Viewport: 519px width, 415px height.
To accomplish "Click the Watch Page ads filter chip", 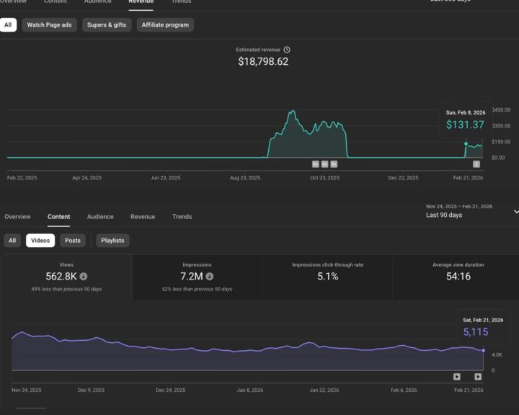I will pyautogui.click(x=49, y=24).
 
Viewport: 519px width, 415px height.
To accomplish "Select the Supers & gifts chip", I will pyautogui.click(x=107, y=24).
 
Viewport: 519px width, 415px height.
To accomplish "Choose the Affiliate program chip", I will pyautogui.click(x=165, y=24).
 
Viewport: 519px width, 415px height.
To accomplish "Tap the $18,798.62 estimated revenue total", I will pyautogui.click(x=263, y=62).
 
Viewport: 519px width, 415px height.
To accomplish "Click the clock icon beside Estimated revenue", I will pyautogui.click(x=287, y=50).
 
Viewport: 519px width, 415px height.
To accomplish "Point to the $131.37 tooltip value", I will pyautogui.click(x=465, y=125).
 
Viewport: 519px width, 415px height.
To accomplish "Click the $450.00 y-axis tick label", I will pyautogui.click(x=501, y=110).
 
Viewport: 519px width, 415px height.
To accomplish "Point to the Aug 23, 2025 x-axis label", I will pyautogui.click(x=244, y=177).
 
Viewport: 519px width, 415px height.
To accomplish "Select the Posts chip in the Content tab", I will pyautogui.click(x=73, y=241).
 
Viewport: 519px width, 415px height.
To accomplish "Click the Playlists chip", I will pyautogui.click(x=112, y=241).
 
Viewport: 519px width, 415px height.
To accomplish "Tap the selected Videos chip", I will pyautogui.click(x=40, y=241).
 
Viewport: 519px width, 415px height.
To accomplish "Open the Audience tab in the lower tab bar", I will pyautogui.click(x=100, y=216).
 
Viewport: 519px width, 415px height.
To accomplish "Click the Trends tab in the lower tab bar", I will pyautogui.click(x=182, y=216).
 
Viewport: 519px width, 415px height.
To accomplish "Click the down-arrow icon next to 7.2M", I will pyautogui.click(x=210, y=276).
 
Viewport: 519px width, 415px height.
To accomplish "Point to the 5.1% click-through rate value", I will pyautogui.click(x=327, y=276).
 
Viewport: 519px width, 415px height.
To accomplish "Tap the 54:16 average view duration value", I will pyautogui.click(x=458, y=276).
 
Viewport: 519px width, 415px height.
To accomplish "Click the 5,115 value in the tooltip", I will pyautogui.click(x=476, y=332).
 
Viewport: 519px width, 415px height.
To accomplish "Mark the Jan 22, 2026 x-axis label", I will pyautogui.click(x=324, y=390).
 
